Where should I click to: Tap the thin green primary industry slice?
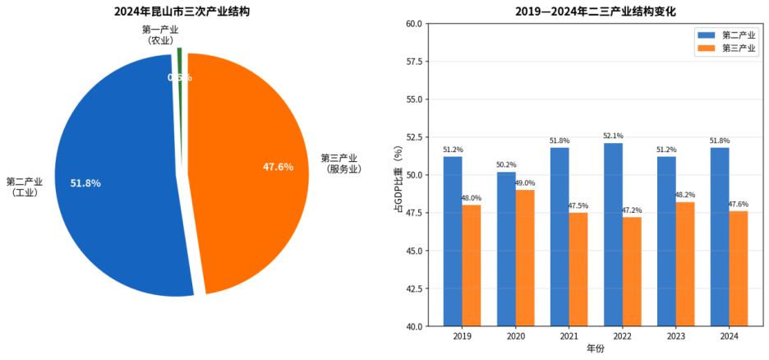[179, 62]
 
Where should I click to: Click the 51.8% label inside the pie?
[85, 183]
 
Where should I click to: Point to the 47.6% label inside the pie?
[278, 167]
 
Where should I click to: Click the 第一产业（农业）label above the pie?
[159, 35]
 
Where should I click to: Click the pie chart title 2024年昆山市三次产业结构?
[182, 12]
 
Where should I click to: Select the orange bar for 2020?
[524, 258]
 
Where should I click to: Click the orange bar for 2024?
[738, 269]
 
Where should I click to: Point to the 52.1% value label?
[613, 136]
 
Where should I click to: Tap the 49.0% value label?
[524, 183]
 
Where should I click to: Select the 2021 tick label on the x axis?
[569, 336]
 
